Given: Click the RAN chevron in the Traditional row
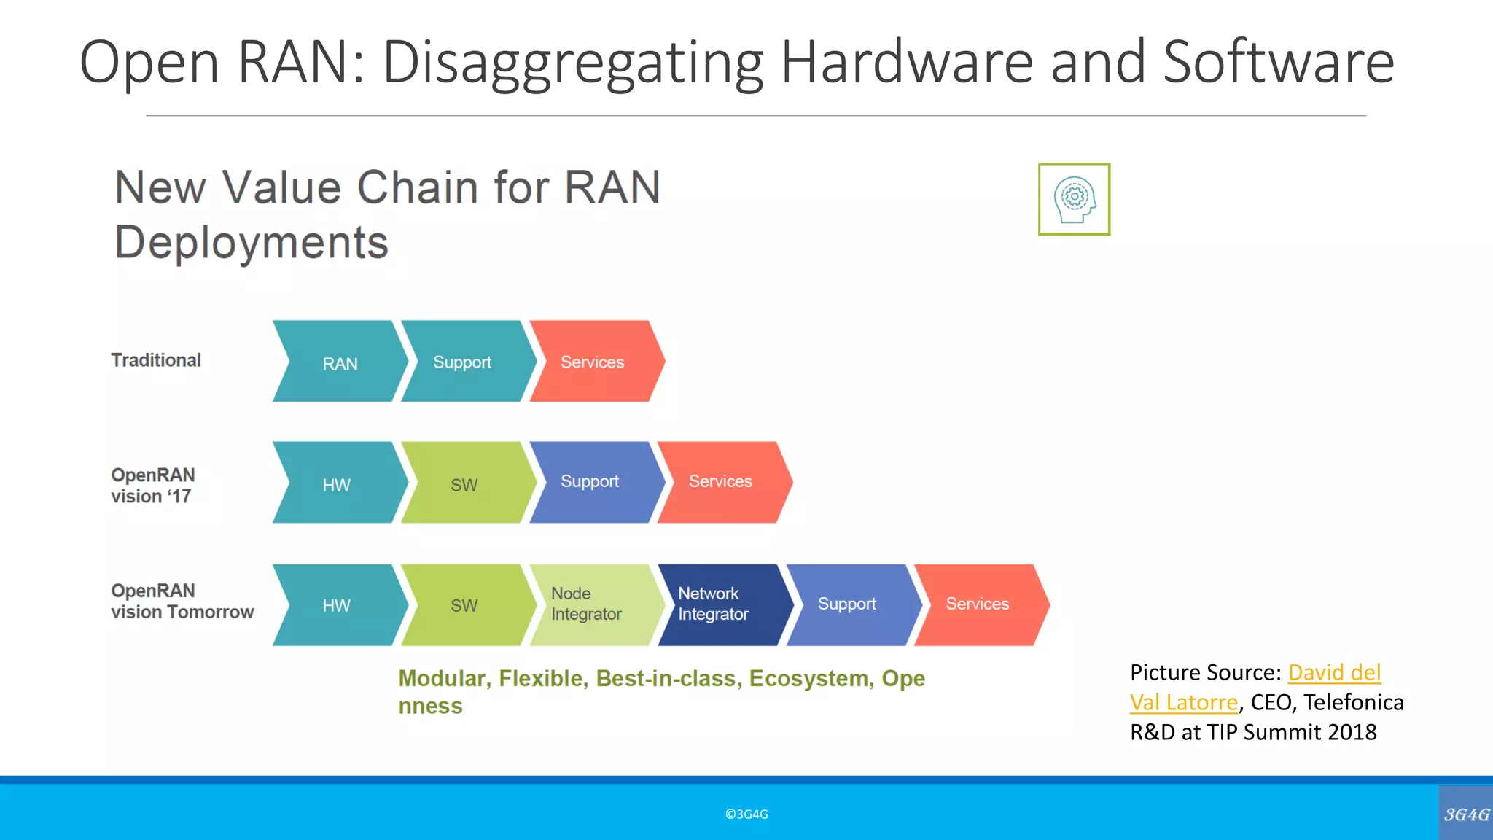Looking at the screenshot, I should [340, 362].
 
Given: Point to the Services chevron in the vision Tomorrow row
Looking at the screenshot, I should [978, 604].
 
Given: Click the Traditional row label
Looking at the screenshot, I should [156, 360].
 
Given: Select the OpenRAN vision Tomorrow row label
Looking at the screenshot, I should [182, 602].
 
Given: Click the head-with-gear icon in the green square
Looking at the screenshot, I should [1074, 199].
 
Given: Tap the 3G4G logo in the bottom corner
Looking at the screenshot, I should [1466, 814].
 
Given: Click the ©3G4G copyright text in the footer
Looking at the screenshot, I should [746, 814].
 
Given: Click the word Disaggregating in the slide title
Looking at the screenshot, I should [572, 63].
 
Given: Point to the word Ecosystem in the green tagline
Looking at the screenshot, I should [809, 679].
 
